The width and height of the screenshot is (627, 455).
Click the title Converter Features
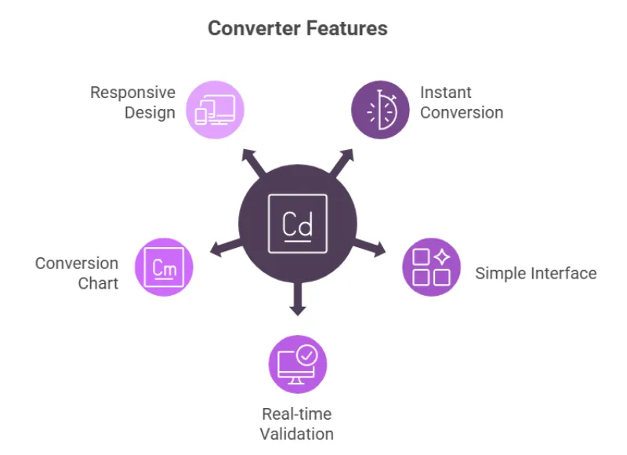297,29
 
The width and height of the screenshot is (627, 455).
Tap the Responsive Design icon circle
216,109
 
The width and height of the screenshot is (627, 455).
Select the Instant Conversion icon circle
380,109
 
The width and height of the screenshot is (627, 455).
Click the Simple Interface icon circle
431,267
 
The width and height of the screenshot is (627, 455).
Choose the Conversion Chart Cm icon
165,268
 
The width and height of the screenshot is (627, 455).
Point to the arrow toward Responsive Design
252,160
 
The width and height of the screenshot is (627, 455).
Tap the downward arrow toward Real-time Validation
297,301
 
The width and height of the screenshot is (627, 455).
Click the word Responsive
132,93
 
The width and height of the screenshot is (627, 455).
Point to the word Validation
297,434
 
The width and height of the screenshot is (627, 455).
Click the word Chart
98,282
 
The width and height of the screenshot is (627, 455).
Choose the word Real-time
297,414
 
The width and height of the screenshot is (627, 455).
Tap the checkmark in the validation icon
307,355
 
